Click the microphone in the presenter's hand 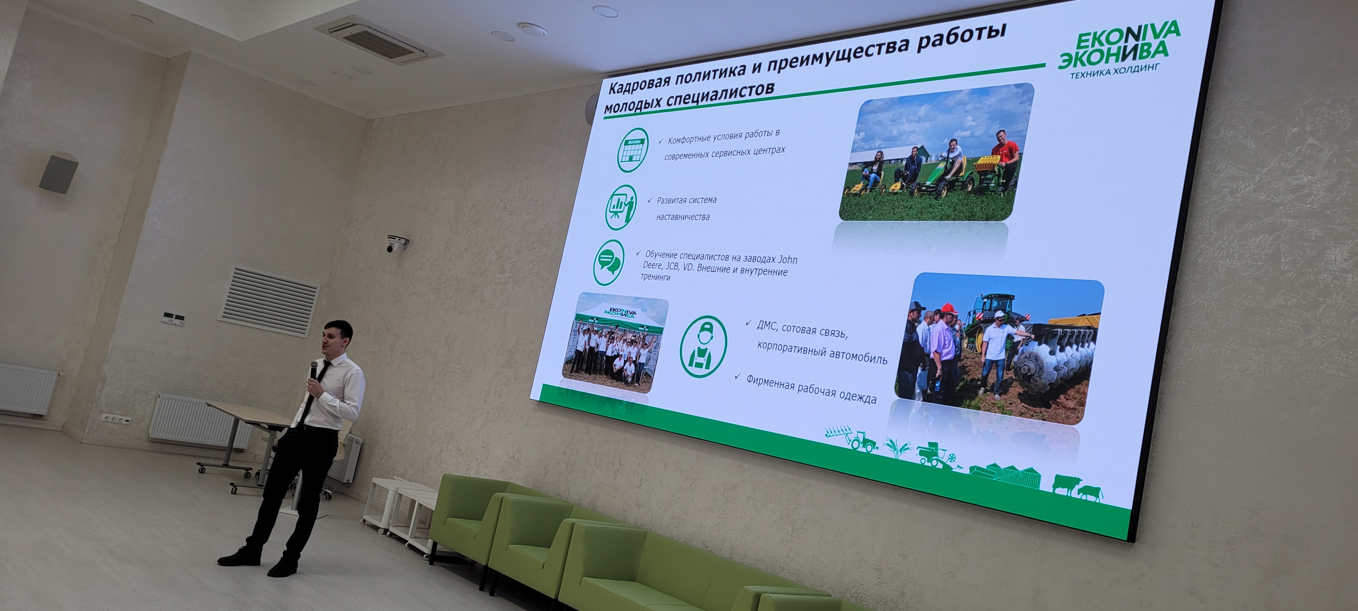(314, 370)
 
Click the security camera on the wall (396, 244)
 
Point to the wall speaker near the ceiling (59, 173)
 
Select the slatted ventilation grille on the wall (268, 301)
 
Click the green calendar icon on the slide (633, 150)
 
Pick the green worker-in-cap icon (703, 346)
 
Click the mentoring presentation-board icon (620, 207)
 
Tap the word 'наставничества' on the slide (683, 216)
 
